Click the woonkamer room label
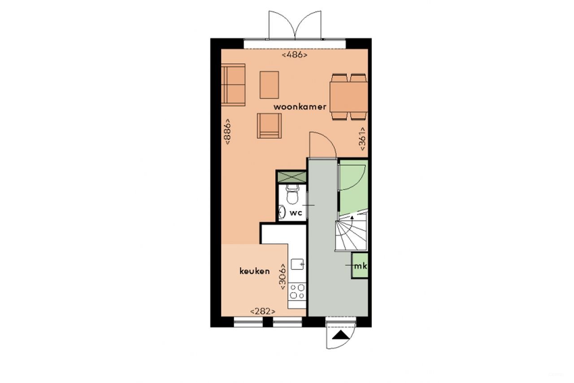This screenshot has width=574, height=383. coord(300,107)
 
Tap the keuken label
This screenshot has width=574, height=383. coord(254,271)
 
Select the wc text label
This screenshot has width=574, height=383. coord(296,213)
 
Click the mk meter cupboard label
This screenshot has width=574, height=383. coord(360,266)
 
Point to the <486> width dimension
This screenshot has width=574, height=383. coord(295,55)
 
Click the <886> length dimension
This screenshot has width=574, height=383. coord(227,131)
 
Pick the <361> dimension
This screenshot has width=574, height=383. coord(362,140)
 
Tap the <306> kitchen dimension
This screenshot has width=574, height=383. coord(283,277)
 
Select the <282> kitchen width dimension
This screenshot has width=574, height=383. coord(262,311)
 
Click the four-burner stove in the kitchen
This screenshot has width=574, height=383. coord(297,291)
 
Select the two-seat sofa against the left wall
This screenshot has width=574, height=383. coord(233,84)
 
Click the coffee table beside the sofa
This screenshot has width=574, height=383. coord(269,84)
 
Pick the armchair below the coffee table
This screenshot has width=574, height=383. coord(269,126)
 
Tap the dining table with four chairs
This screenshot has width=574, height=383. coord(349,97)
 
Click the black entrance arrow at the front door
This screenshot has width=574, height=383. coord(340,335)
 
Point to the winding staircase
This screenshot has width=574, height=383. coord(351,232)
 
